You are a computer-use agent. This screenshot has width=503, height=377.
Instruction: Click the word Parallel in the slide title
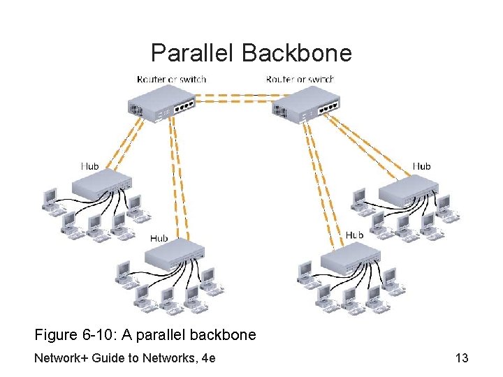[x=192, y=52]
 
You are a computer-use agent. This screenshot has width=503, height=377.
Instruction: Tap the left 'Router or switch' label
[x=172, y=79]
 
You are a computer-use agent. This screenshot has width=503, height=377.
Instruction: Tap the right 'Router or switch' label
[x=300, y=79]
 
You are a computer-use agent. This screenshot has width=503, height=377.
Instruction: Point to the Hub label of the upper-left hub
[x=89, y=166]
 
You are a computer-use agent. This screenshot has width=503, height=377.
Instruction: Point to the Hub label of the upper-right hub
[x=421, y=166]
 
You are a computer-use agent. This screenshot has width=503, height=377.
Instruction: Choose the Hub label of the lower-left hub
[x=159, y=238]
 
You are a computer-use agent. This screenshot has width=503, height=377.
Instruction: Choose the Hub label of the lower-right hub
[x=354, y=235]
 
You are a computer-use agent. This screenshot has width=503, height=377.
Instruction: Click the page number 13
[x=461, y=358]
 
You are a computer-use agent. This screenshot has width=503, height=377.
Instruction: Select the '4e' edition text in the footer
[x=207, y=358]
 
